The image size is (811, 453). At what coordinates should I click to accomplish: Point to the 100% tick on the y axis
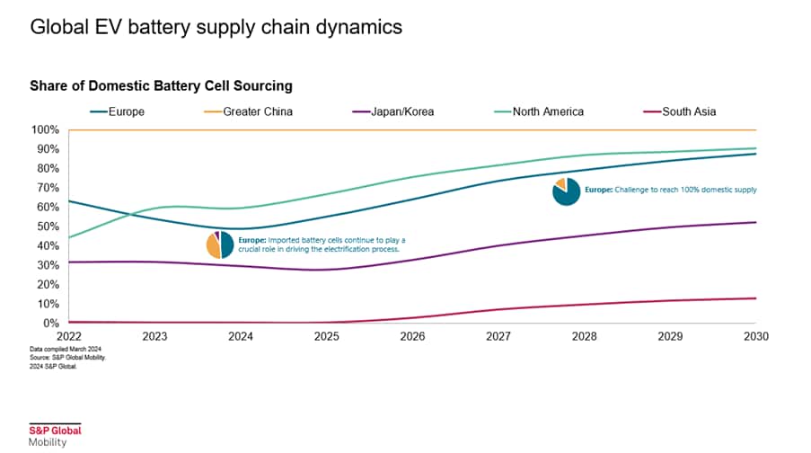(46, 130)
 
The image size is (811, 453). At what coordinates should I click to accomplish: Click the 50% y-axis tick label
(48, 226)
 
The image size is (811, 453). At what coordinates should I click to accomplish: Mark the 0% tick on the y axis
(52, 323)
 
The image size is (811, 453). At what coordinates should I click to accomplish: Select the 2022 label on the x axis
(69, 336)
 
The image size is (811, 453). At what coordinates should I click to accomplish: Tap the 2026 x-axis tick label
(412, 336)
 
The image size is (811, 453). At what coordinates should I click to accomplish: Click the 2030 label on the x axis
(755, 336)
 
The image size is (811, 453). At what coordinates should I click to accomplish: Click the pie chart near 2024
(220, 244)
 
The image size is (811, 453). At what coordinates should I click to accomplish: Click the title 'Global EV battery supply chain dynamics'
(216, 27)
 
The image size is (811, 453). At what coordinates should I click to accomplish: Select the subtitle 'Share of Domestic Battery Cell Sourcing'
(162, 86)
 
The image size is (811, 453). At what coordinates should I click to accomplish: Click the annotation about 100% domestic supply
(671, 190)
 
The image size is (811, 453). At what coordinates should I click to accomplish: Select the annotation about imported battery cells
(322, 244)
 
